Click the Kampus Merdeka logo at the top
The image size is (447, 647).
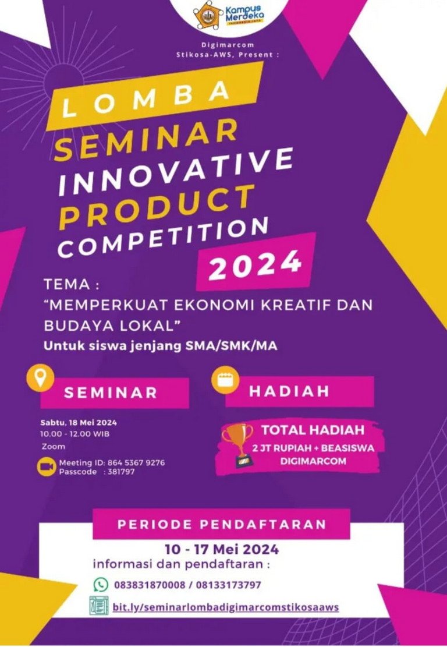tap(229, 15)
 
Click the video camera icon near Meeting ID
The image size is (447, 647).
tap(47, 466)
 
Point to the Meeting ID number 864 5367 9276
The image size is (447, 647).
tap(135, 463)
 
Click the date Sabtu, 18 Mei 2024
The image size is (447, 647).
tap(79, 423)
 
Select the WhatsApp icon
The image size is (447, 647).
tap(101, 584)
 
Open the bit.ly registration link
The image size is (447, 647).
tap(226, 607)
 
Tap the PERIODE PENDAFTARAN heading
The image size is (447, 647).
tap(221, 524)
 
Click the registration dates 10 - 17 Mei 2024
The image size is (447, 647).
tap(221, 549)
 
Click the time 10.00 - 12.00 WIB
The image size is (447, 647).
tap(74, 434)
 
